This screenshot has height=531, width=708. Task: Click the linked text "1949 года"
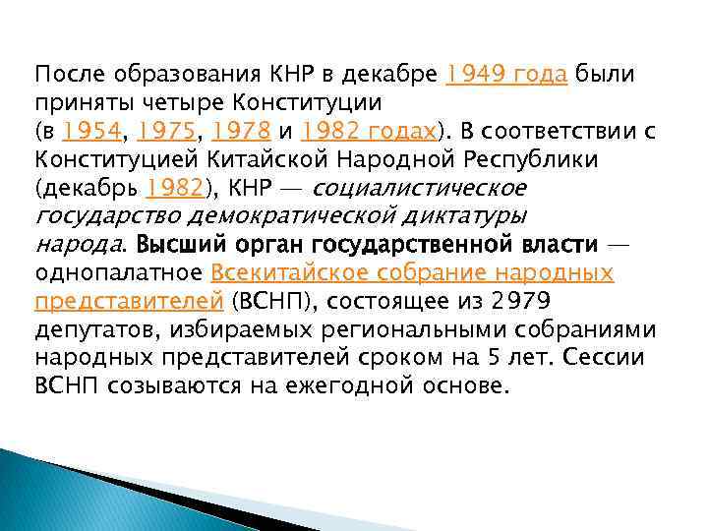click(x=506, y=74)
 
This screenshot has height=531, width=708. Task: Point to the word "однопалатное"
click(x=118, y=272)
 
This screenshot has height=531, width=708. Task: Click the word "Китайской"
click(x=239, y=159)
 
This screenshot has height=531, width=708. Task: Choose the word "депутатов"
click(x=94, y=329)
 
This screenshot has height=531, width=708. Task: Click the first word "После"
click(x=69, y=74)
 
